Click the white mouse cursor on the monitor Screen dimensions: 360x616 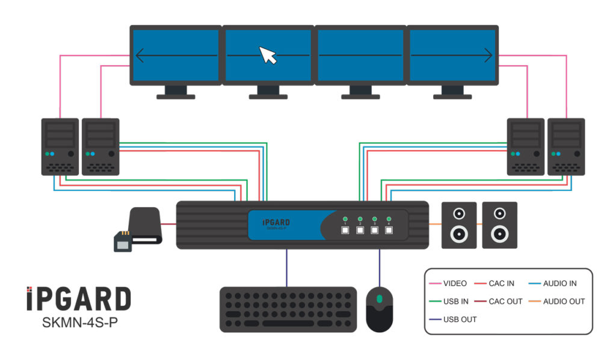coord(268,55)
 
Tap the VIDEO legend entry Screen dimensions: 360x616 coord(454,284)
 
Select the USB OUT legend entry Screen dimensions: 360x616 coord(460,319)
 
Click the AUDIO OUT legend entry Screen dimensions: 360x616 coord(563,301)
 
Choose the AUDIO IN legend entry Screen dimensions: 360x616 coord(559,284)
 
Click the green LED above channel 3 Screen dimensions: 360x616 coord(374,219)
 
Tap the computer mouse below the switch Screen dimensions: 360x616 coord(379,308)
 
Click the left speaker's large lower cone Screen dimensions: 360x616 coord(459,233)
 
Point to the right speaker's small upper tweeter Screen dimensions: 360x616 coord(499,213)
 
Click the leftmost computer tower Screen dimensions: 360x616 coord(60,146)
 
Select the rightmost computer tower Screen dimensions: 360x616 coord(566,146)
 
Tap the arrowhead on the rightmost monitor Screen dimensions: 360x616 coord(488,55)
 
